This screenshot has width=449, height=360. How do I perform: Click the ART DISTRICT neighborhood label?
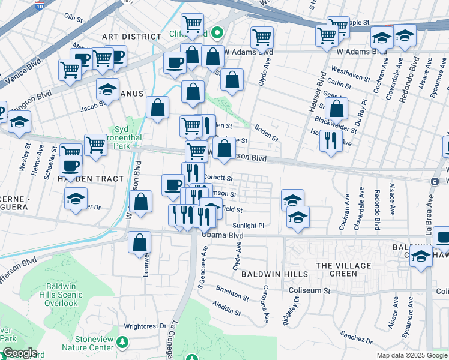[x=131, y=37]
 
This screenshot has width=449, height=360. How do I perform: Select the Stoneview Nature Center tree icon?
[x=123, y=342]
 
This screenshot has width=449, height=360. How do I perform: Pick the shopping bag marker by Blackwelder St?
[x=337, y=109]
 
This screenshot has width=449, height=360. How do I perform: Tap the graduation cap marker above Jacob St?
[x=107, y=89]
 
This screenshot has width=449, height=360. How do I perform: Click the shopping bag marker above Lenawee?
[x=139, y=242]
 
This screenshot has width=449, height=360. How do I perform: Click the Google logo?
[x=19, y=353]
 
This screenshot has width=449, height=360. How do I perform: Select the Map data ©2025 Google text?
[x=411, y=355]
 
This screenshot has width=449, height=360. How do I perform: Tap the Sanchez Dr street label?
[x=352, y=333]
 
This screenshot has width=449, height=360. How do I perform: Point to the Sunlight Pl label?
[x=248, y=225]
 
